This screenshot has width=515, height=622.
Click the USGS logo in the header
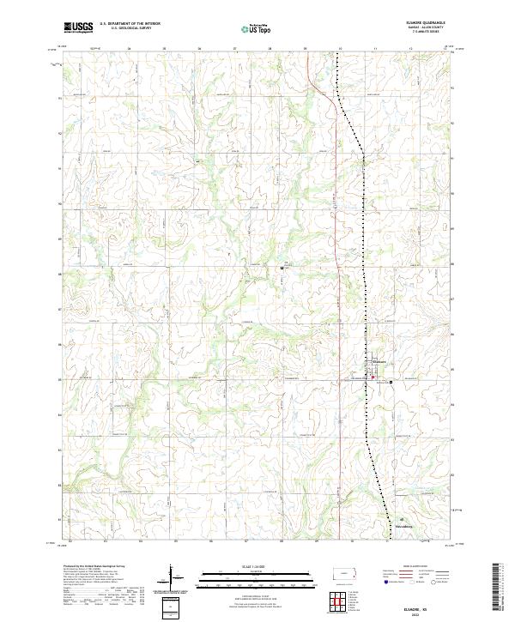click(x=78, y=27)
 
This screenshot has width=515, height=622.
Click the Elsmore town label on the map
click(x=383, y=362)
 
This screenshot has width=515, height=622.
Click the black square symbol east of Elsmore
click(x=392, y=381)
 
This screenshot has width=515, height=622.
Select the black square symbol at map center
click(x=282, y=268)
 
